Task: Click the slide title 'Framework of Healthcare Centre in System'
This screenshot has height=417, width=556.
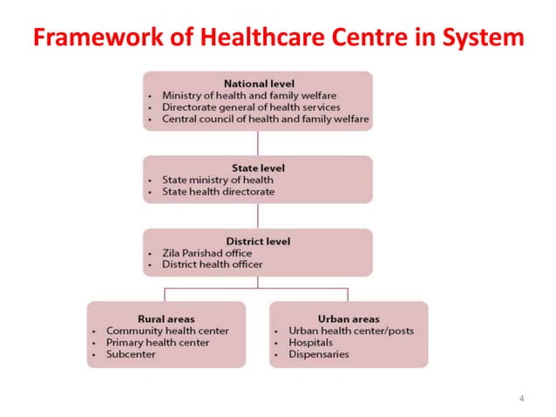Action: tap(278, 38)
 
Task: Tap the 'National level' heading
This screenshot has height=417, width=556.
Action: tap(258, 84)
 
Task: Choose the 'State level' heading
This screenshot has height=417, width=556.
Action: tap(258, 167)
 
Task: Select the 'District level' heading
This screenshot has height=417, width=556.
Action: tap(258, 241)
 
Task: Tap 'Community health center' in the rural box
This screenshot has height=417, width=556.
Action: tap(167, 331)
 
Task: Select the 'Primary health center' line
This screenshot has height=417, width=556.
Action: tap(157, 343)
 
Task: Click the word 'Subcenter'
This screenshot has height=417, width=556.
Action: tap(132, 354)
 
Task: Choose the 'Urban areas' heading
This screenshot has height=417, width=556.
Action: tap(349, 318)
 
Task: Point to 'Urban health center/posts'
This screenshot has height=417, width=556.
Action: tap(351, 331)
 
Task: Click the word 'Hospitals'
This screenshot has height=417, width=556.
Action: tap(312, 343)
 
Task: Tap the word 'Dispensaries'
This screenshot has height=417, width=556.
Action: tap(318, 354)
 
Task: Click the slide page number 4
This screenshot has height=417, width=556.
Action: tap(521, 399)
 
